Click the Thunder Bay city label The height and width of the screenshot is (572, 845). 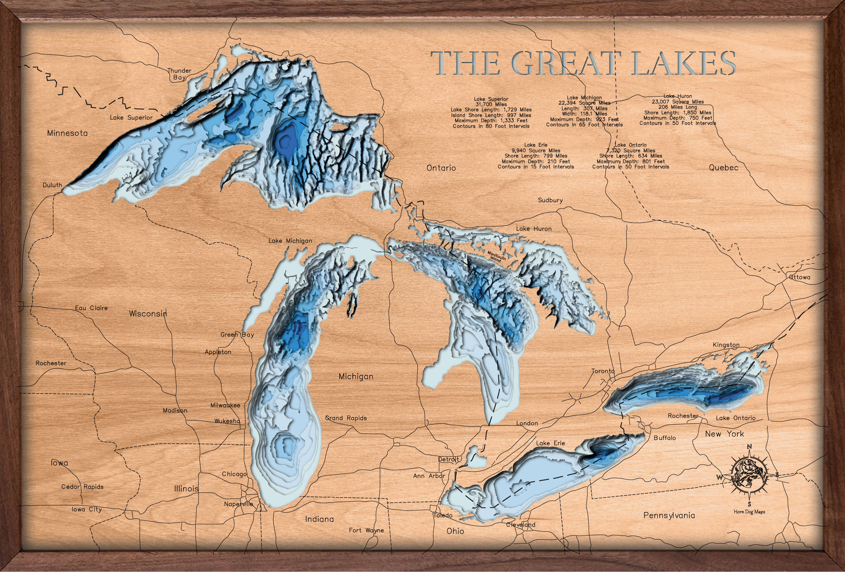click(179, 74)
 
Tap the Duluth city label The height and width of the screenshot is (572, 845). click(52, 185)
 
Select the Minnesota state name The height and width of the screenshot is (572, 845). click(68, 133)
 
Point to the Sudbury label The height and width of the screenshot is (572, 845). click(550, 200)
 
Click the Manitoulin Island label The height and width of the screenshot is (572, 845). click(496, 257)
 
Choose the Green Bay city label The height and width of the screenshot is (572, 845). click(237, 335)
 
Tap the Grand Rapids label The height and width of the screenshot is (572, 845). click(346, 418)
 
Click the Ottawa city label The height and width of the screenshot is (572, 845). click(800, 277)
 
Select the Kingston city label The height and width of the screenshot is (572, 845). click(726, 345)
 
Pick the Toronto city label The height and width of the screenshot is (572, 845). click(603, 371)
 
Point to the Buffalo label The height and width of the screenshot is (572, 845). click(665, 438)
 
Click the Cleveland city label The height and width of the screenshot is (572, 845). click(521, 525)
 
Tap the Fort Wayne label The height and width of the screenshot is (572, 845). click(366, 530)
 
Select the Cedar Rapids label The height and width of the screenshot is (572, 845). click(82, 487)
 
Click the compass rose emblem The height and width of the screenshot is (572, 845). click(749, 475)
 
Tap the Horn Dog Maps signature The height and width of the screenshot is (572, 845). click(749, 512)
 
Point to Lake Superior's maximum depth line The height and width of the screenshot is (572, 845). click(491, 121)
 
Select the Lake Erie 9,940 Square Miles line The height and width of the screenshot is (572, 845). click(536, 151)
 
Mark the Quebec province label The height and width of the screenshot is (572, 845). click(723, 168)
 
